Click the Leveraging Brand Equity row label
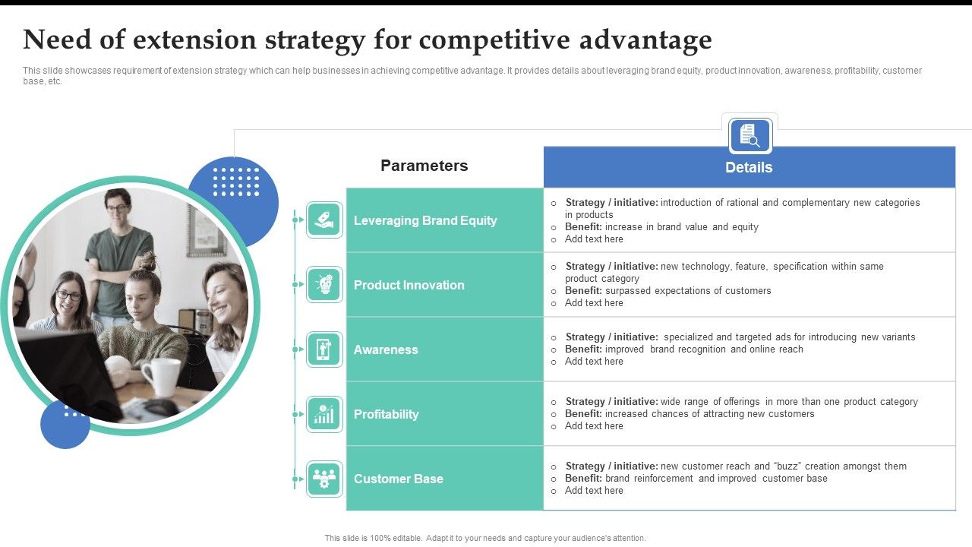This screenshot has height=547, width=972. coord(425,220)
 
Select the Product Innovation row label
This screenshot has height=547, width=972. coord(409,285)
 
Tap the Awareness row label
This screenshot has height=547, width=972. coord(386,349)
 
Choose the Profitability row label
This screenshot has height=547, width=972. coord(386,414)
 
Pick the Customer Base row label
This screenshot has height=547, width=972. coord(398,479)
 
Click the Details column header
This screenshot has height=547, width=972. coord(749,167)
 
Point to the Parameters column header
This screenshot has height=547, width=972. coord(424,166)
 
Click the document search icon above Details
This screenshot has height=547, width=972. coord(750,136)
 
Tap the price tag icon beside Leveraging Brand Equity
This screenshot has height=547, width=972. coord(324,220)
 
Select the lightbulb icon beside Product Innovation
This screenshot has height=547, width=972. coord(324,285)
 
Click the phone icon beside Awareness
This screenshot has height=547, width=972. coord(324,349)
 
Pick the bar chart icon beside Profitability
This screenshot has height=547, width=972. coord(324,414)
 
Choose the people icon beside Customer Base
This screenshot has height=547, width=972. coord(324,479)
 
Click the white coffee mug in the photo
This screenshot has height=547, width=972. coord(161,376)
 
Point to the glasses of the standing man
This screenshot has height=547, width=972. coord(117,207)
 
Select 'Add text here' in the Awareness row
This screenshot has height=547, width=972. coord(594,362)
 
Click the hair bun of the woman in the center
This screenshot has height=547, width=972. coord(147,262)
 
